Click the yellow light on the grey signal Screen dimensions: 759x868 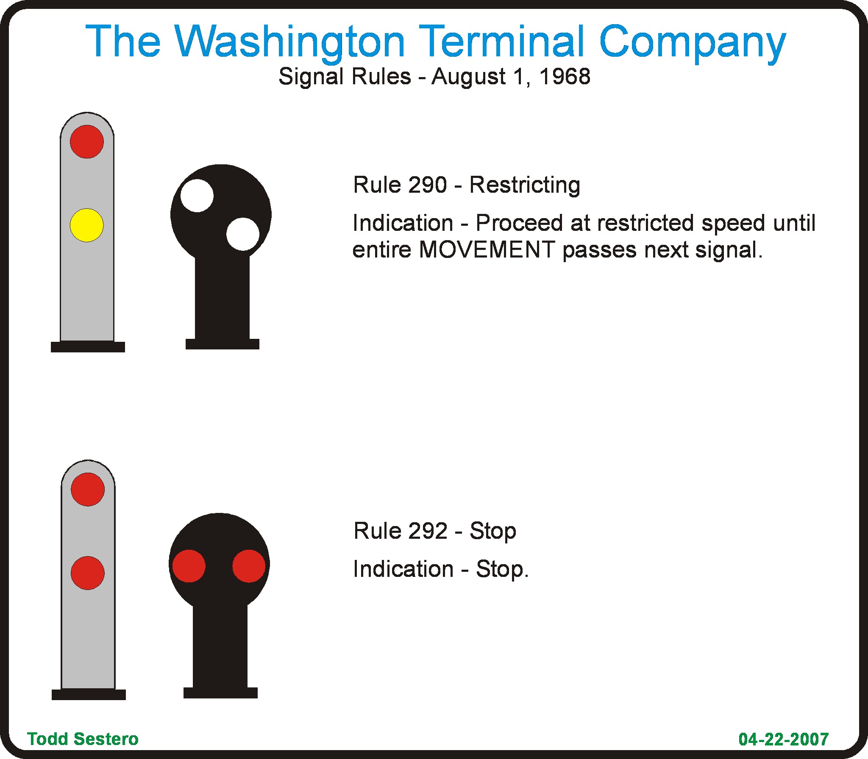click(x=86, y=225)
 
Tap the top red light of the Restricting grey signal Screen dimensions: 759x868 click(x=87, y=141)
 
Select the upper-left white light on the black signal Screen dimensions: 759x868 click(x=197, y=196)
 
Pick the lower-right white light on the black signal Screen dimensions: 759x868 click(x=243, y=234)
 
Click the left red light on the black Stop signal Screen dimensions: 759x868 click(x=189, y=566)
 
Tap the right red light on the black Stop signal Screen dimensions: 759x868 click(x=249, y=566)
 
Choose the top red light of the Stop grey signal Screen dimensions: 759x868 click(x=88, y=489)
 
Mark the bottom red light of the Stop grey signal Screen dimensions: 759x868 click(x=88, y=573)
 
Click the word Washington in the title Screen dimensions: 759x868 click(x=290, y=42)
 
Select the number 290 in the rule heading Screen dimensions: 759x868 click(x=428, y=185)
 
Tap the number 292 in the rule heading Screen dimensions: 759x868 click(x=428, y=531)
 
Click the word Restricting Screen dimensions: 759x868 click(x=525, y=186)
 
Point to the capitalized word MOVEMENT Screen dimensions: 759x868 click(x=487, y=249)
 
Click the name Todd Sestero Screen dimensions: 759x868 click(x=83, y=739)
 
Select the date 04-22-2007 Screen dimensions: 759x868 click(x=783, y=739)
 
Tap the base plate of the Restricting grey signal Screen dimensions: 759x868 click(x=88, y=347)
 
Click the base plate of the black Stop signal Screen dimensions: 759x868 click(x=220, y=693)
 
